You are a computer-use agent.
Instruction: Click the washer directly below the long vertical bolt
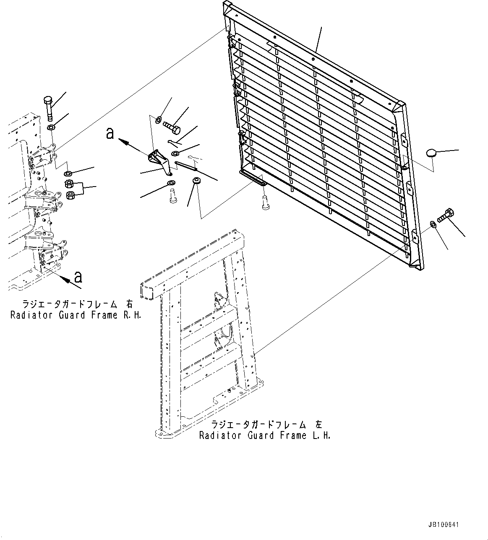tap(51, 127)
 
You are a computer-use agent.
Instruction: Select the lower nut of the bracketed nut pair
tap(71, 195)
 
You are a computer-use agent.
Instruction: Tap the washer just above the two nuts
tap(68, 173)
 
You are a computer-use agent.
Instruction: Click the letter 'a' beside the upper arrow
tap(110, 133)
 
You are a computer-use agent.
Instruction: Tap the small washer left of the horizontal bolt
tap(159, 119)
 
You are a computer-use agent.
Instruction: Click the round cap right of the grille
tap(432, 153)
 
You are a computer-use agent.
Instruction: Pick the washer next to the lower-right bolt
tap(433, 224)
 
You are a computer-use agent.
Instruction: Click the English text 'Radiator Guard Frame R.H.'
tap(76, 315)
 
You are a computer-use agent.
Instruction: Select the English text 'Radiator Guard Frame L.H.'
tap(265, 436)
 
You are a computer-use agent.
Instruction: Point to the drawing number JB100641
tap(444, 524)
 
